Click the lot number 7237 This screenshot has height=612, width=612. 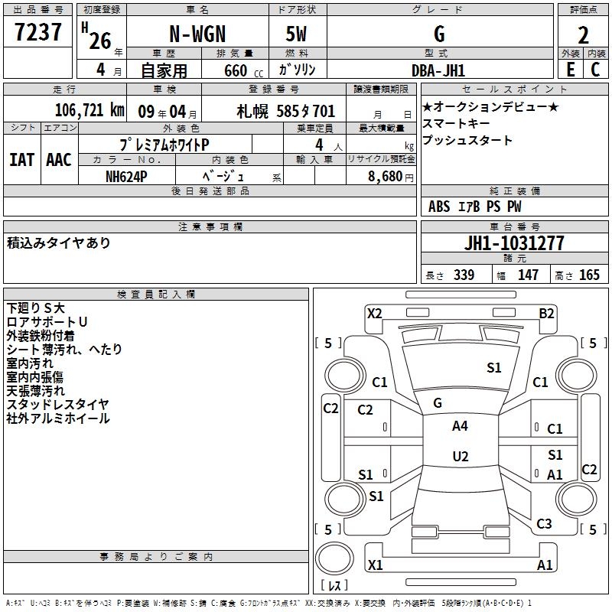point(38,31)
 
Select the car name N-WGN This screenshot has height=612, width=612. point(197,34)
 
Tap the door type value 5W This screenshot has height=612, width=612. point(296,34)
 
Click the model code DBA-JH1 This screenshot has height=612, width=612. point(438,70)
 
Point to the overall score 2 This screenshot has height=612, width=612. point(583,35)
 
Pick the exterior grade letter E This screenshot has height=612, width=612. point(570,70)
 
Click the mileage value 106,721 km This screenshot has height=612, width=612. point(90,110)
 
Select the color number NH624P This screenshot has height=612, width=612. point(126,177)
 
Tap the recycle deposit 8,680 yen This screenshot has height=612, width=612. point(390,177)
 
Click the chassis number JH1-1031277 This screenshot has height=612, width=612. point(514,243)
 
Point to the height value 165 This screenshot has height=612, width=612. point(589,275)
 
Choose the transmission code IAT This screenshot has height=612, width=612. point(22,160)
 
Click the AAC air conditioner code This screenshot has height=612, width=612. point(59,160)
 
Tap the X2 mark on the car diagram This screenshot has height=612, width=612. point(374,314)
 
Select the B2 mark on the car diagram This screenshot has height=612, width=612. point(546,314)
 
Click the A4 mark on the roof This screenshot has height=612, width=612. point(460,426)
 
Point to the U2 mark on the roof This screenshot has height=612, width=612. point(461,456)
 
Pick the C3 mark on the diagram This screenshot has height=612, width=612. point(544,523)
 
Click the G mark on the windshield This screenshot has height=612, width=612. point(438,403)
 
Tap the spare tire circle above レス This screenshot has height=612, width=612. point(334,559)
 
